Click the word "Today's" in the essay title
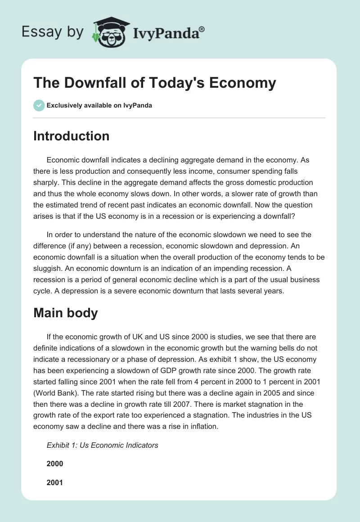point(162,83)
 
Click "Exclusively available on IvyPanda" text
point(99,106)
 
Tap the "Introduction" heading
point(71,136)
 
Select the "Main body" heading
point(65,313)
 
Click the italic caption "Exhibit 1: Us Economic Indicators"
point(102,445)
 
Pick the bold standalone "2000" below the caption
point(54,463)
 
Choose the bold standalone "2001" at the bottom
point(54,482)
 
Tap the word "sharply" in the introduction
point(46,182)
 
